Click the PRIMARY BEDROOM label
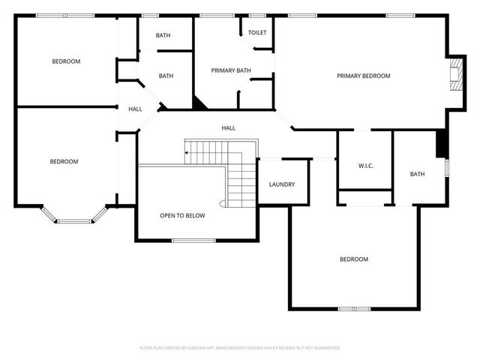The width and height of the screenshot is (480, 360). coord(364,76)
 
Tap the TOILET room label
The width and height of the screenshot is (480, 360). coord(257,33)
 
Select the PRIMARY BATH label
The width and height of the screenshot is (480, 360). coord(231,70)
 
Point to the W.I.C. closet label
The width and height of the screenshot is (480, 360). coord(366,166)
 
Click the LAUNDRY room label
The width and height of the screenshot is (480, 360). coord(282,184)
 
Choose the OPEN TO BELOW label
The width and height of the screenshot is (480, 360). coord(182,216)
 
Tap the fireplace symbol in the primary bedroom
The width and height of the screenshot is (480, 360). coord(454,75)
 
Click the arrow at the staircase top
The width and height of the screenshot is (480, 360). coord(187,153)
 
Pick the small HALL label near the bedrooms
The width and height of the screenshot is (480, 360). coord(135,109)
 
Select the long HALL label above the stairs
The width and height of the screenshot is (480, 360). coord(229,128)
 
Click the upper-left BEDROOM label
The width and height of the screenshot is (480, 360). coord(66,61)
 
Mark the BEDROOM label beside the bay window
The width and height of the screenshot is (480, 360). coord(64,161)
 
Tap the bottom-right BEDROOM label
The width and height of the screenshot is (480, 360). coord(354,259)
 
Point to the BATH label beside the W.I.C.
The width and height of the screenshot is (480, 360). coord(417,174)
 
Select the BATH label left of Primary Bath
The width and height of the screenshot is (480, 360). coord(166,76)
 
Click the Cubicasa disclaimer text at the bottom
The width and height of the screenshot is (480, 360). coord(240,348)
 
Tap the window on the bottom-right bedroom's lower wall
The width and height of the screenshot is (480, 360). coord(353,308)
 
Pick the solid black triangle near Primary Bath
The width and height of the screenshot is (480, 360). coord(199,103)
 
